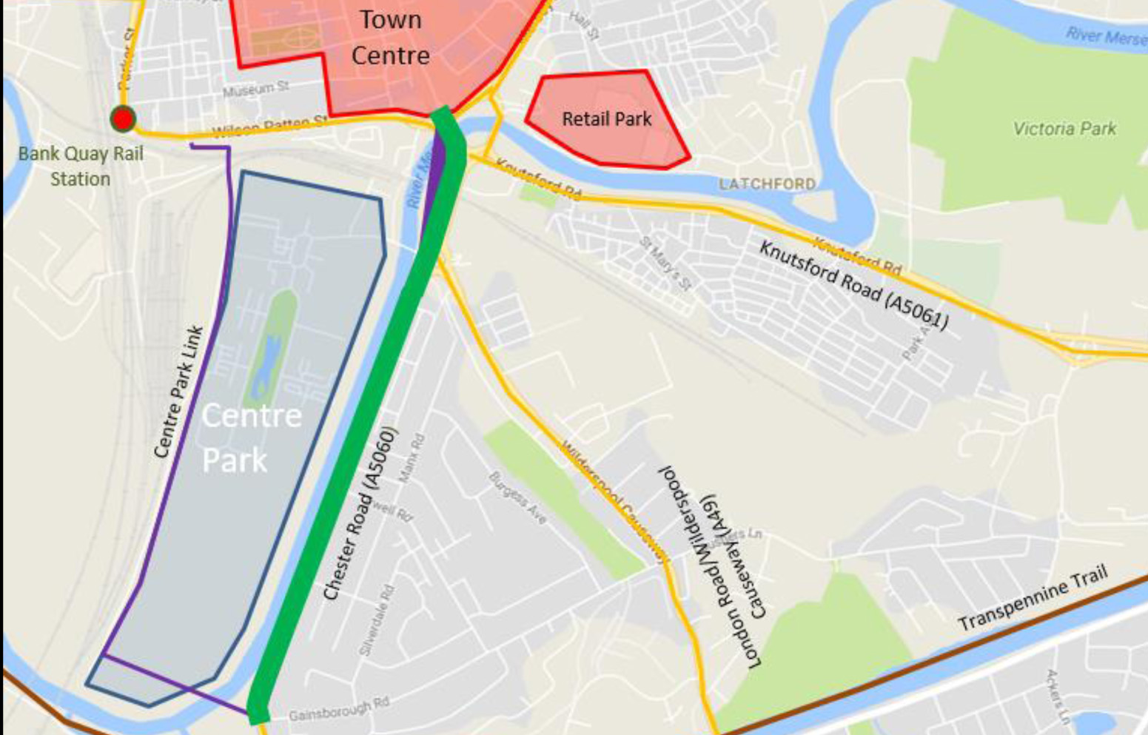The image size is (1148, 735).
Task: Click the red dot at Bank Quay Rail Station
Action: pos(123,118)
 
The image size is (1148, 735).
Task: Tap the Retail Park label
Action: pos(606,119)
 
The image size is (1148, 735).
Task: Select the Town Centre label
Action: pos(390,38)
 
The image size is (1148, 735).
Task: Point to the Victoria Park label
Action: pos(1064,129)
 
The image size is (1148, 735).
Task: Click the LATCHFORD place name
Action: pos(767,184)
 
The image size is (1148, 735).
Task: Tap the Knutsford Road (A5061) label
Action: pos(853,285)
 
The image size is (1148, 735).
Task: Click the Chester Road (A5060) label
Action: pos(360,514)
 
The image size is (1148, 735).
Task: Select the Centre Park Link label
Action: pos(178,392)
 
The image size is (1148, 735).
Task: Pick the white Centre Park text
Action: pos(250,437)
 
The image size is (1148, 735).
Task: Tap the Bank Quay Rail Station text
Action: pos(81,167)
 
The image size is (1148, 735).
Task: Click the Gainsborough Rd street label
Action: pos(338,711)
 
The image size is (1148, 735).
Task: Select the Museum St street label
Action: pos(255,90)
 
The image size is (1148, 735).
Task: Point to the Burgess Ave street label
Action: pos(518,498)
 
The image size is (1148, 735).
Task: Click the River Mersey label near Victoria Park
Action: pos(1106,35)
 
